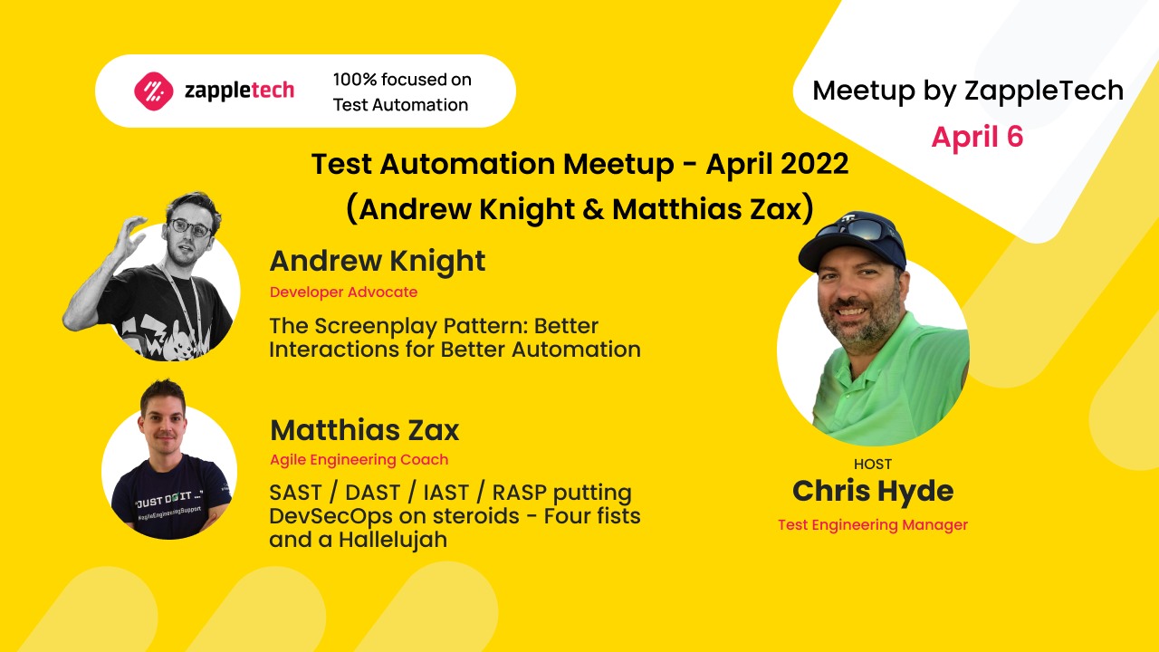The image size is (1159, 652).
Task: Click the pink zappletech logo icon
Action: pyautogui.click(x=153, y=91)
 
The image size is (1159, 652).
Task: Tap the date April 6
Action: pyautogui.click(x=977, y=137)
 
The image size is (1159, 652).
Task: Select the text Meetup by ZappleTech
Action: pyautogui.click(x=967, y=91)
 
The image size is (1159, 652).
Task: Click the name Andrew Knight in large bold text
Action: pyautogui.click(x=377, y=261)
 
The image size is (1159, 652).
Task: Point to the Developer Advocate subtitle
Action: pyautogui.click(x=343, y=292)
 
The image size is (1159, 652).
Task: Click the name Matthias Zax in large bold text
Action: pyautogui.click(x=364, y=429)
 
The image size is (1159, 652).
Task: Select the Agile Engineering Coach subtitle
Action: pyautogui.click(x=359, y=460)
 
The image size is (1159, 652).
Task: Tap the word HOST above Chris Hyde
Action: pyautogui.click(x=873, y=465)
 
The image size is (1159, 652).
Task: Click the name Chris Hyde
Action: pyautogui.click(x=873, y=492)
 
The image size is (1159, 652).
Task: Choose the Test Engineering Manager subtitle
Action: pyautogui.click(x=873, y=525)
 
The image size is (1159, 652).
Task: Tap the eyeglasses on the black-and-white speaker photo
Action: pyautogui.click(x=189, y=228)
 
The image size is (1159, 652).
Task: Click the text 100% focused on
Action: pyautogui.click(x=402, y=80)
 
